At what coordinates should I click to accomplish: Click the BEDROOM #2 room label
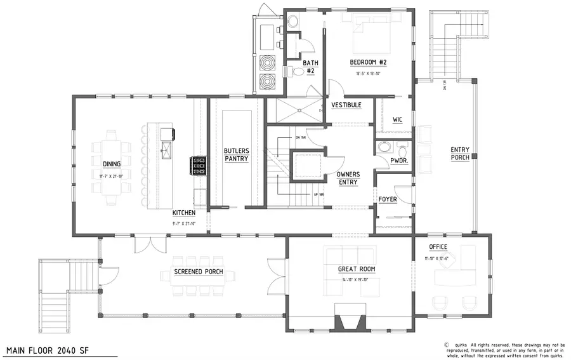point(368,62)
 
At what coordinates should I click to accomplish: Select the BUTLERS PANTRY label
point(236,155)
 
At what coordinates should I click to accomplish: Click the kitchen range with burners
point(195,165)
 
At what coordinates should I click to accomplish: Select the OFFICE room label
point(437,247)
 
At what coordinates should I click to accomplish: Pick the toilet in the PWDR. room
point(384,149)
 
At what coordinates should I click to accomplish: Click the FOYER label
point(388,199)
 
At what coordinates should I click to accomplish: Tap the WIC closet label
point(398,119)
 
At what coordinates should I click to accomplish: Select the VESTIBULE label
point(346,105)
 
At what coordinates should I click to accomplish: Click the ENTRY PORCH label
point(460,154)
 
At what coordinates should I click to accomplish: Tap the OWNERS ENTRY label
point(348,178)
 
